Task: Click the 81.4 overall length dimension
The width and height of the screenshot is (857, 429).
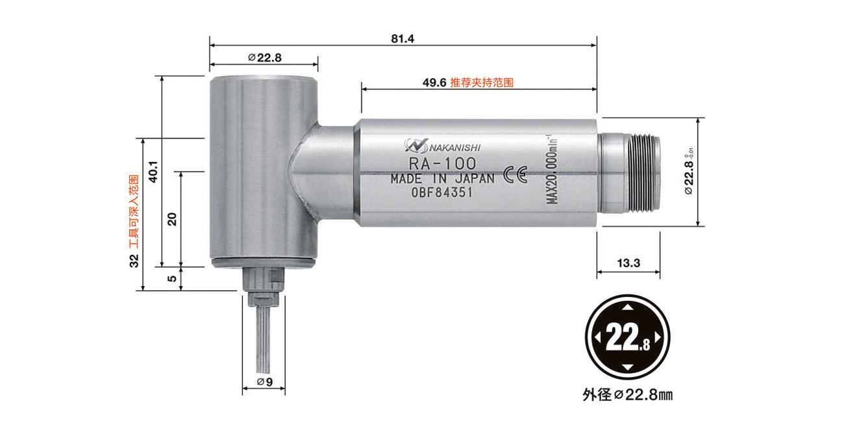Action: click(x=403, y=38)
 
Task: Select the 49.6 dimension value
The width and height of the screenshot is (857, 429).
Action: click(x=434, y=83)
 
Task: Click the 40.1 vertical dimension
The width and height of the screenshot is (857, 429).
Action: click(x=153, y=171)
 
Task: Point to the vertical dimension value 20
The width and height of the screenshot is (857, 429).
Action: click(x=172, y=219)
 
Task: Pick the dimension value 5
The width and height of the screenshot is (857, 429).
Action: click(x=172, y=279)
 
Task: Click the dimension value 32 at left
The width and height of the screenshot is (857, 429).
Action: click(x=134, y=261)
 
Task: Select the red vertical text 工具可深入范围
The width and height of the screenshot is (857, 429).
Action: click(x=134, y=212)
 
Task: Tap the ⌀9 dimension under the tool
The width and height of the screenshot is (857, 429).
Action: click(x=264, y=382)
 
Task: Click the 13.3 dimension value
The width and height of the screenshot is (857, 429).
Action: click(x=628, y=263)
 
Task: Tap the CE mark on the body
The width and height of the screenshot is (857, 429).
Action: click(x=514, y=177)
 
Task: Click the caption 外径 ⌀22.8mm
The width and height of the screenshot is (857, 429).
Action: click(x=628, y=395)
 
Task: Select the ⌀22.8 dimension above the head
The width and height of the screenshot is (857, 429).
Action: click(x=264, y=57)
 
